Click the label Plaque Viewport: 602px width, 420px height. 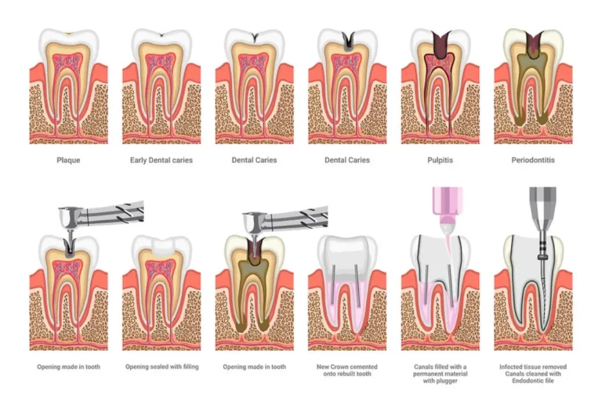68,160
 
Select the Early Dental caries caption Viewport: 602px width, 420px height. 161,160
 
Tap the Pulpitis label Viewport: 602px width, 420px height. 440,160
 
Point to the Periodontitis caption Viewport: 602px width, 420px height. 533,160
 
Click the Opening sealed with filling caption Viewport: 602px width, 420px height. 162,367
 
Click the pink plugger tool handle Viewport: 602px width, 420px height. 447,206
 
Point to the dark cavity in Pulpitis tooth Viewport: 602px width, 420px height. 440,44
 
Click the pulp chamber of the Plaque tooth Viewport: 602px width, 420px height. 68,63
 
